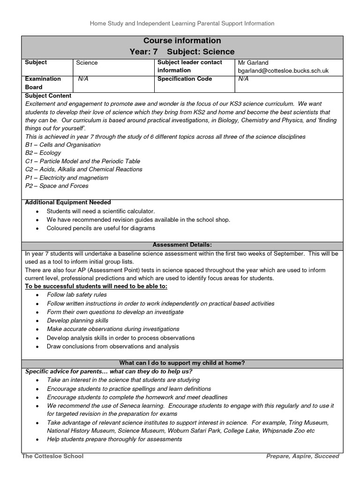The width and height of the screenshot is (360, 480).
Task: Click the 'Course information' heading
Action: click(x=182, y=41)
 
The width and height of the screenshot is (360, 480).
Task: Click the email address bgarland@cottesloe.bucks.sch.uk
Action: click(x=283, y=70)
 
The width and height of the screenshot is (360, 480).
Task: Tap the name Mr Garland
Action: click(x=253, y=62)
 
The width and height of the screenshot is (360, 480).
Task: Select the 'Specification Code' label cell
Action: click(x=185, y=79)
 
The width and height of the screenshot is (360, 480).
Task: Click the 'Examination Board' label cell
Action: click(x=43, y=83)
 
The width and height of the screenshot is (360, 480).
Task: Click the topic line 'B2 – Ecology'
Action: click(x=43, y=152)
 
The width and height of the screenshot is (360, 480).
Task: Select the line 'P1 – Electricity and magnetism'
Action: click(x=67, y=178)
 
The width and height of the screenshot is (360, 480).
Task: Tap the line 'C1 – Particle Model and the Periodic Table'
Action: click(x=82, y=161)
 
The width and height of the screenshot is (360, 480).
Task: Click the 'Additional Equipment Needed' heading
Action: click(x=67, y=202)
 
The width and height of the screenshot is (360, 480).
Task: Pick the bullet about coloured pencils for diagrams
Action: click(x=101, y=228)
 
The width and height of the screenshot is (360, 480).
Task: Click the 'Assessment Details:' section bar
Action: click(x=182, y=245)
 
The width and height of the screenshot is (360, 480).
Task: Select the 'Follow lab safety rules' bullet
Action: click(x=77, y=295)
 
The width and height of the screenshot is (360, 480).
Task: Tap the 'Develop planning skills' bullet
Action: click(x=77, y=321)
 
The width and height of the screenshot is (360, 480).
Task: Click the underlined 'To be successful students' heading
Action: click(x=96, y=286)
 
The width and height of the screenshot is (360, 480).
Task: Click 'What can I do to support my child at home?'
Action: click(x=182, y=363)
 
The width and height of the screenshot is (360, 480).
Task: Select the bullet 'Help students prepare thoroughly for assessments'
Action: click(x=114, y=439)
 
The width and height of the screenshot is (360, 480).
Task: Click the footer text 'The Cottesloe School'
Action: click(x=52, y=456)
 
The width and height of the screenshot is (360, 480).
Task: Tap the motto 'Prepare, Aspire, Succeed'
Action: click(x=302, y=456)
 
